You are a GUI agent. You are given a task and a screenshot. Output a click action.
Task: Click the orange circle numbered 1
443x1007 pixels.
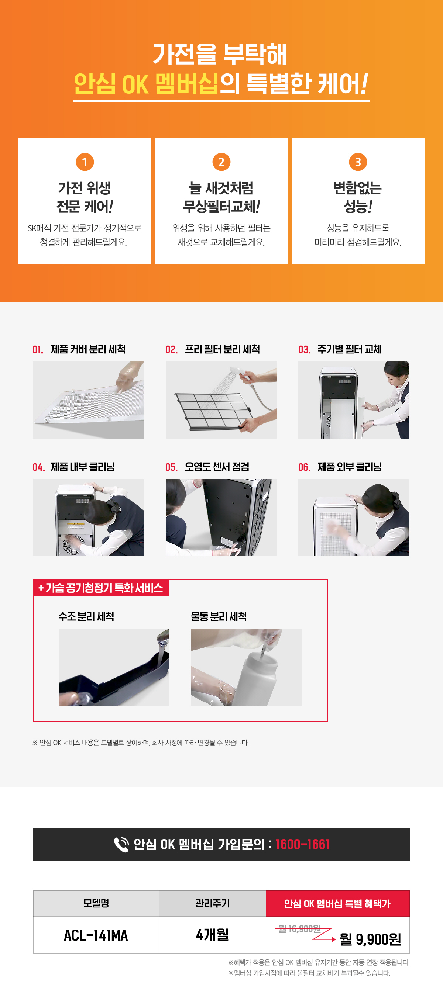pyautogui.click(x=85, y=162)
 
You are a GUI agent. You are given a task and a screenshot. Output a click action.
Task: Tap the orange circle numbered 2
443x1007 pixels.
pyautogui.click(x=221, y=162)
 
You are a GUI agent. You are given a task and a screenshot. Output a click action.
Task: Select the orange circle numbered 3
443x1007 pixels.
pyautogui.click(x=358, y=162)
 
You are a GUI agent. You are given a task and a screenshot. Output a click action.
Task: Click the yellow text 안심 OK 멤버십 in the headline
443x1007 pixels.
pyautogui.click(x=146, y=84)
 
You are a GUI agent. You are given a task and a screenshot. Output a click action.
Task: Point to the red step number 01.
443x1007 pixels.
pyautogui.click(x=38, y=349)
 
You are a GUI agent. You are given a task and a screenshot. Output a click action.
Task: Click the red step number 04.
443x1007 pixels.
pyautogui.click(x=38, y=467)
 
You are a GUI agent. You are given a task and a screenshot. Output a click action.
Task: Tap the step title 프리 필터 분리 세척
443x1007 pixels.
pyautogui.click(x=222, y=349)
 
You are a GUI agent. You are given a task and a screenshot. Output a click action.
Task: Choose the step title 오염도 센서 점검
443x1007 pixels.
pyautogui.click(x=217, y=467)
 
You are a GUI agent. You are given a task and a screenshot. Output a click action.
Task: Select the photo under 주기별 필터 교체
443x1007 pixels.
pyautogui.click(x=353, y=399)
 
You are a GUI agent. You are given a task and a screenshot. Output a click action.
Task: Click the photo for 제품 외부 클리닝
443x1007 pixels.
pyautogui.click(x=353, y=517)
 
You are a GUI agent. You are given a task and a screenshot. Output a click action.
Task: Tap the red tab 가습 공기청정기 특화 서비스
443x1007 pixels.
pyautogui.click(x=101, y=588)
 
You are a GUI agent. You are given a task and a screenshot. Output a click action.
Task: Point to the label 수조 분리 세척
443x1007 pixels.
pyautogui.click(x=86, y=616)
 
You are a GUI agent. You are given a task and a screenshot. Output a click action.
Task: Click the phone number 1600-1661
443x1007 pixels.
pyautogui.click(x=302, y=844)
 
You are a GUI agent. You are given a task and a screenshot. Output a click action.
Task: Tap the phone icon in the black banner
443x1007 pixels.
pyautogui.click(x=121, y=844)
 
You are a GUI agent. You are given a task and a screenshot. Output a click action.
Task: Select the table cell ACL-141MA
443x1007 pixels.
pyautogui.click(x=96, y=935)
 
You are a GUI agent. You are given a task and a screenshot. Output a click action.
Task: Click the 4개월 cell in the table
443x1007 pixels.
pyautogui.click(x=213, y=935)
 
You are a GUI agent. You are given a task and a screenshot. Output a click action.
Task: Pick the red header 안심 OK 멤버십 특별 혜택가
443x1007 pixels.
pyautogui.click(x=338, y=903)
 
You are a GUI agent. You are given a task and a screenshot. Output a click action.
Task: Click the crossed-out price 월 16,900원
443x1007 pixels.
pyautogui.click(x=299, y=929)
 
